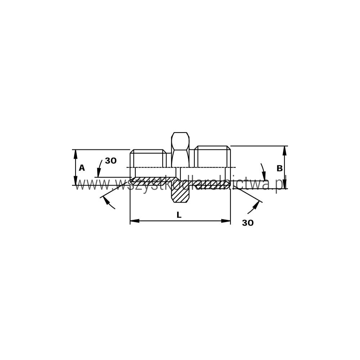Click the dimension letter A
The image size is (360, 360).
[x=82, y=168]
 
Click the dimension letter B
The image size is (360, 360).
[x=279, y=168]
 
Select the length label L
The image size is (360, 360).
[x=179, y=215]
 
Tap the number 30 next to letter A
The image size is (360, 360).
[x=111, y=161]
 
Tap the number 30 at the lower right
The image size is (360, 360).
[x=248, y=223]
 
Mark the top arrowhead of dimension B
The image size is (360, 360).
[x=285, y=150]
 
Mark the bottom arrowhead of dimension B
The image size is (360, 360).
[x=285, y=184]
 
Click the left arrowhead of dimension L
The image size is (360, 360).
[x=135, y=221]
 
